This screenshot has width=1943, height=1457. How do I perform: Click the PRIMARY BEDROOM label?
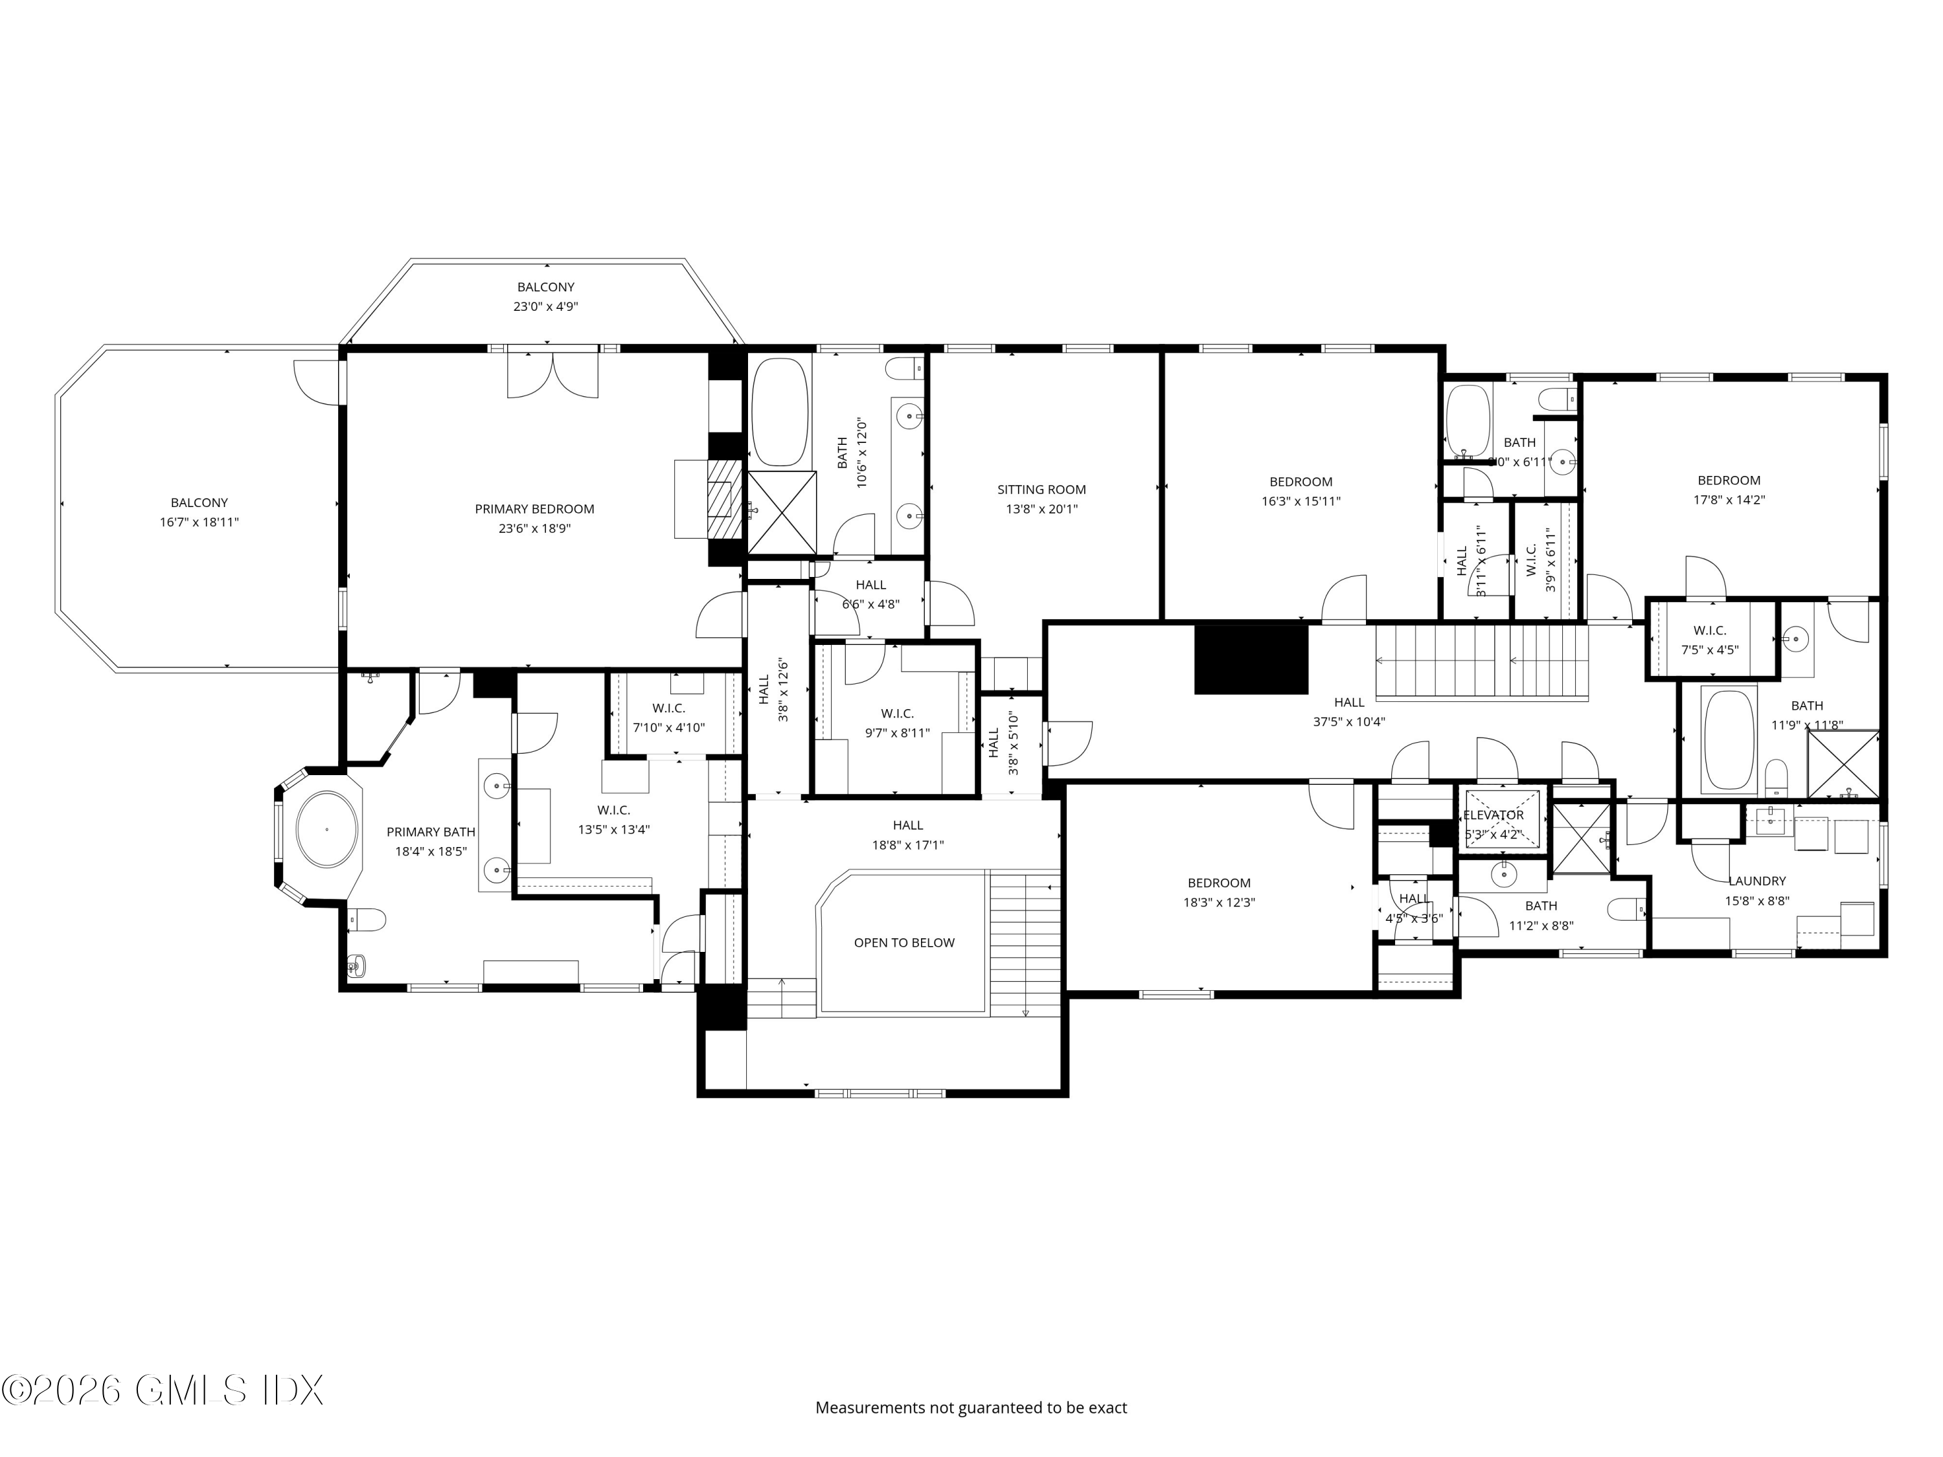point(534,508)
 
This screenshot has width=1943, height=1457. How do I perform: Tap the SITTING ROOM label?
point(1041,489)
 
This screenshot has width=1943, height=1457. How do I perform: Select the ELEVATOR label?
point(1494,815)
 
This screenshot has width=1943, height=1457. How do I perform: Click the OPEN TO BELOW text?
point(904,942)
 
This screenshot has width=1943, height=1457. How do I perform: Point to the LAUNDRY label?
point(1756,881)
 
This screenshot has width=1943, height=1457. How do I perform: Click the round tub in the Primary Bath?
point(327,829)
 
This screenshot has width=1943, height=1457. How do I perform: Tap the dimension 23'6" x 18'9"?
point(534,528)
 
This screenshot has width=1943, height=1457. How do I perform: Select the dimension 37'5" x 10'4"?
point(1349,722)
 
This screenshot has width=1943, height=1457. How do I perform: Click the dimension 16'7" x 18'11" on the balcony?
point(199,522)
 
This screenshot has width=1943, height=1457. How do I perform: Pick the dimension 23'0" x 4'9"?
point(545,306)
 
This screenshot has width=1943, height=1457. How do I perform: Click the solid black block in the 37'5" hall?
point(1251,657)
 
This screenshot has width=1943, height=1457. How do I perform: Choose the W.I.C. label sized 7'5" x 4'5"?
point(1709,631)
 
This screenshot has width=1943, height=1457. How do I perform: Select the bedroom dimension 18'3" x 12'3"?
point(1218,902)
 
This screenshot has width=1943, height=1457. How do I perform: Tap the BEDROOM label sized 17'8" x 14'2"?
point(1729,480)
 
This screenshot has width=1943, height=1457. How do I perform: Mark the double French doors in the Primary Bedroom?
point(552,373)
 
